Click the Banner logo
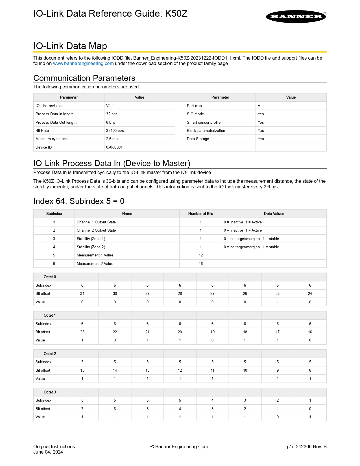click(x=296, y=17)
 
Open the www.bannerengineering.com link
click(x=83, y=64)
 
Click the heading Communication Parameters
click(x=84, y=78)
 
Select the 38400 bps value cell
click(x=115, y=131)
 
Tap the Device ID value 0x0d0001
click(x=114, y=147)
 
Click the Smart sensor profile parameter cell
click(x=204, y=123)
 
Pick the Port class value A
click(x=259, y=106)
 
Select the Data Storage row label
click(x=198, y=139)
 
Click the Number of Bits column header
click(x=200, y=214)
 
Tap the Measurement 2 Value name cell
click(x=95, y=264)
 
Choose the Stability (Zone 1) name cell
click(x=91, y=239)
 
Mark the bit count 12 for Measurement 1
click(x=201, y=255)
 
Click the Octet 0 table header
click(x=50, y=277)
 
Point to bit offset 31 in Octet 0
click(x=82, y=294)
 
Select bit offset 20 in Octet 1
click(x=180, y=332)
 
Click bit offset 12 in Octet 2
click(x=180, y=371)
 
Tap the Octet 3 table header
click(x=50, y=392)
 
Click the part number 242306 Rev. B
click(x=307, y=447)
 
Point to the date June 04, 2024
click(x=48, y=452)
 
